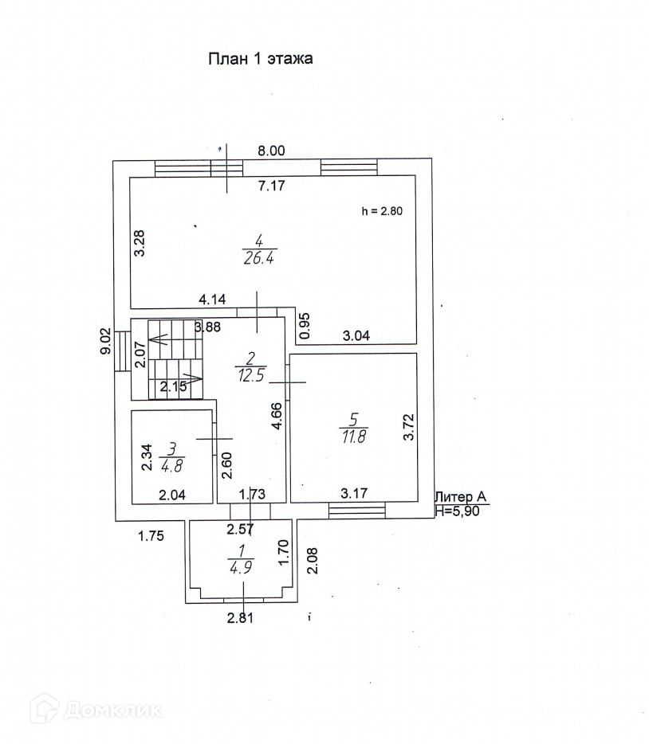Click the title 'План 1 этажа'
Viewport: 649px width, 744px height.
(261, 58)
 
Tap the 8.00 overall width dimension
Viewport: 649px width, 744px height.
(270, 151)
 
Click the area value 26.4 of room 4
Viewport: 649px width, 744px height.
(260, 258)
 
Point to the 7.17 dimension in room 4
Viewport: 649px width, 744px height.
(271, 186)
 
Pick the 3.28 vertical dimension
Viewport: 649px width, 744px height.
(140, 243)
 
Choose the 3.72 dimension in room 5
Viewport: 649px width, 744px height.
(409, 428)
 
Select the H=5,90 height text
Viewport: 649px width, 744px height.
(459, 512)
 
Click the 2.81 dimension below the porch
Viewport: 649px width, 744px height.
(240, 617)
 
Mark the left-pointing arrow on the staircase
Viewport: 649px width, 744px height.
(160, 339)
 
